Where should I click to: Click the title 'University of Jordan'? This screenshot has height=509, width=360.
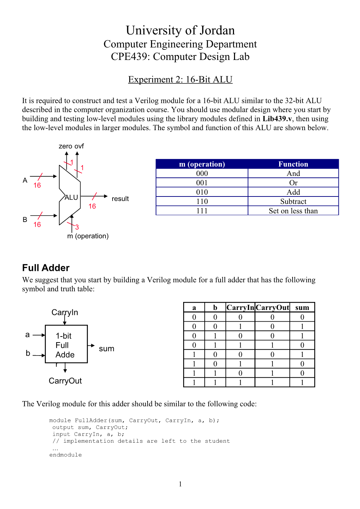(x=180, y=30)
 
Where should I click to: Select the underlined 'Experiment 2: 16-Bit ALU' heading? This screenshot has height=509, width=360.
(x=180, y=79)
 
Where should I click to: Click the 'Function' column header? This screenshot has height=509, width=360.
(x=293, y=164)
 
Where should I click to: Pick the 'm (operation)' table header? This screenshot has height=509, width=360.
(x=202, y=164)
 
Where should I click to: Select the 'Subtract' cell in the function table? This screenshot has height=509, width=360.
(x=293, y=201)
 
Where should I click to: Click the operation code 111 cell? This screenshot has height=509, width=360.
(x=202, y=211)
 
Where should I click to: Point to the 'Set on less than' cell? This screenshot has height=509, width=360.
(x=293, y=211)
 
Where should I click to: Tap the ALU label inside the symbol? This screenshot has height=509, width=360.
(x=71, y=198)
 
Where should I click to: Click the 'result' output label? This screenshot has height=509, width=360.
(x=120, y=199)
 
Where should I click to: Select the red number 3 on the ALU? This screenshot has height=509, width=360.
(x=77, y=227)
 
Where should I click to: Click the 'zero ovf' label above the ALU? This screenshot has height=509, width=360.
(x=71, y=146)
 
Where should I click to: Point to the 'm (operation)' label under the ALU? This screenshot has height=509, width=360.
(x=88, y=236)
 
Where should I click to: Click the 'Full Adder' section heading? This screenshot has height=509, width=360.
(x=46, y=268)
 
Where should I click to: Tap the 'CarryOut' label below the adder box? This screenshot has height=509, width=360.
(x=65, y=381)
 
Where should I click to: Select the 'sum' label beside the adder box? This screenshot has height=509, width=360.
(x=106, y=349)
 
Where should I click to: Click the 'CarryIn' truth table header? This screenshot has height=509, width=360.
(x=240, y=308)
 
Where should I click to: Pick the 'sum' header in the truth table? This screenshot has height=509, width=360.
(x=302, y=308)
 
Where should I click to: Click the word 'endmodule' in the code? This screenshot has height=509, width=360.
(x=65, y=455)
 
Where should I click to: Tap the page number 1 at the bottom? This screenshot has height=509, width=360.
(x=180, y=484)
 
